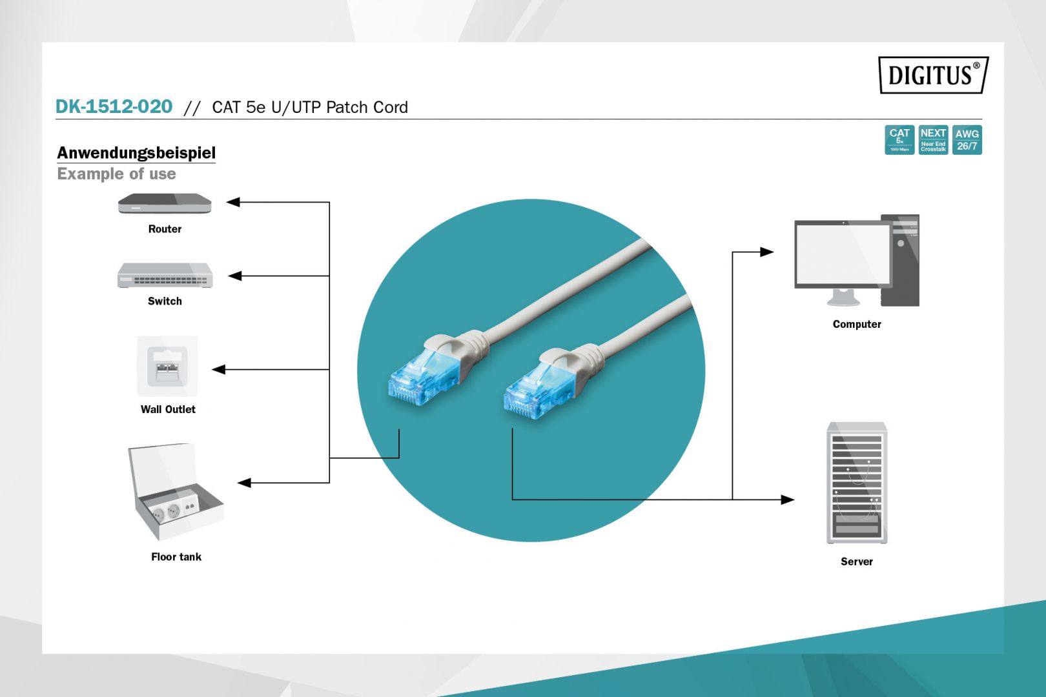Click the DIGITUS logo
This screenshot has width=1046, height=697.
pyautogui.click(x=933, y=75)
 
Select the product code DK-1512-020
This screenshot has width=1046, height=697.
pyautogui.click(x=114, y=106)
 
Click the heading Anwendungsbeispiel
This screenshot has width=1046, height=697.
pyautogui.click(x=136, y=153)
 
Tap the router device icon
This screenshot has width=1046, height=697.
pyautogui.click(x=165, y=204)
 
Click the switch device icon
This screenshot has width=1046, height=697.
pyautogui.click(x=165, y=276)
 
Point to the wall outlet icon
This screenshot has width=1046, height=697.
pyautogui.click(x=167, y=366)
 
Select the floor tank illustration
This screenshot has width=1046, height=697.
pyautogui.click(x=176, y=492)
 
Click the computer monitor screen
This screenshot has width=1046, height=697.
pyautogui.click(x=843, y=254)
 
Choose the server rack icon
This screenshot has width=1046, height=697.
pyautogui.click(x=857, y=483)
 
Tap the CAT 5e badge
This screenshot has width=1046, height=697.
pyautogui.click(x=899, y=140)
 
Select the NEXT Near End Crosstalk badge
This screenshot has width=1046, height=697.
pyautogui.click(x=933, y=140)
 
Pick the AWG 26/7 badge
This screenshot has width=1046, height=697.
pyautogui.click(x=967, y=140)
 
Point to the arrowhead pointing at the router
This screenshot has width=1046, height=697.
pyautogui.click(x=233, y=202)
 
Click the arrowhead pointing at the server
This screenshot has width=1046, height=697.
pyautogui.click(x=787, y=500)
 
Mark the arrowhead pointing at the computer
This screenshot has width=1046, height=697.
pyautogui.click(x=766, y=252)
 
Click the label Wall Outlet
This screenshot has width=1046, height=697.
pyautogui.click(x=168, y=409)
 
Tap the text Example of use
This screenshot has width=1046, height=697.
pyautogui.click(x=116, y=174)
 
